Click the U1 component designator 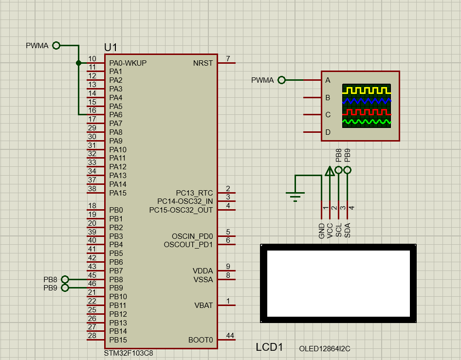click(x=111, y=47)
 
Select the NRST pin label click(x=203, y=63)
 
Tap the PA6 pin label click(x=116, y=115)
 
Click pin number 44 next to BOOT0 click(x=230, y=336)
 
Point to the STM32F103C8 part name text click(x=129, y=353)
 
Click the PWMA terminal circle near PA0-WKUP click(x=56, y=46)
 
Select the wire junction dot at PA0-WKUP click(x=78, y=63)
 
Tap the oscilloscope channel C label click(x=328, y=115)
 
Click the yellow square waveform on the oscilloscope click(x=366, y=90)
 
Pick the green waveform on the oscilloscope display click(x=366, y=122)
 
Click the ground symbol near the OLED click(x=295, y=195)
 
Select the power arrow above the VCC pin click(x=330, y=171)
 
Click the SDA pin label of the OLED click(x=348, y=230)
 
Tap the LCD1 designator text click(x=269, y=347)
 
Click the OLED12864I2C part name click(x=325, y=349)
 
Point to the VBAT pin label click(x=203, y=306)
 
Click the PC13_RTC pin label click(x=194, y=193)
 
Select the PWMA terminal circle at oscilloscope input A click(x=281, y=80)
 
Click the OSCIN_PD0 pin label click(x=192, y=236)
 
